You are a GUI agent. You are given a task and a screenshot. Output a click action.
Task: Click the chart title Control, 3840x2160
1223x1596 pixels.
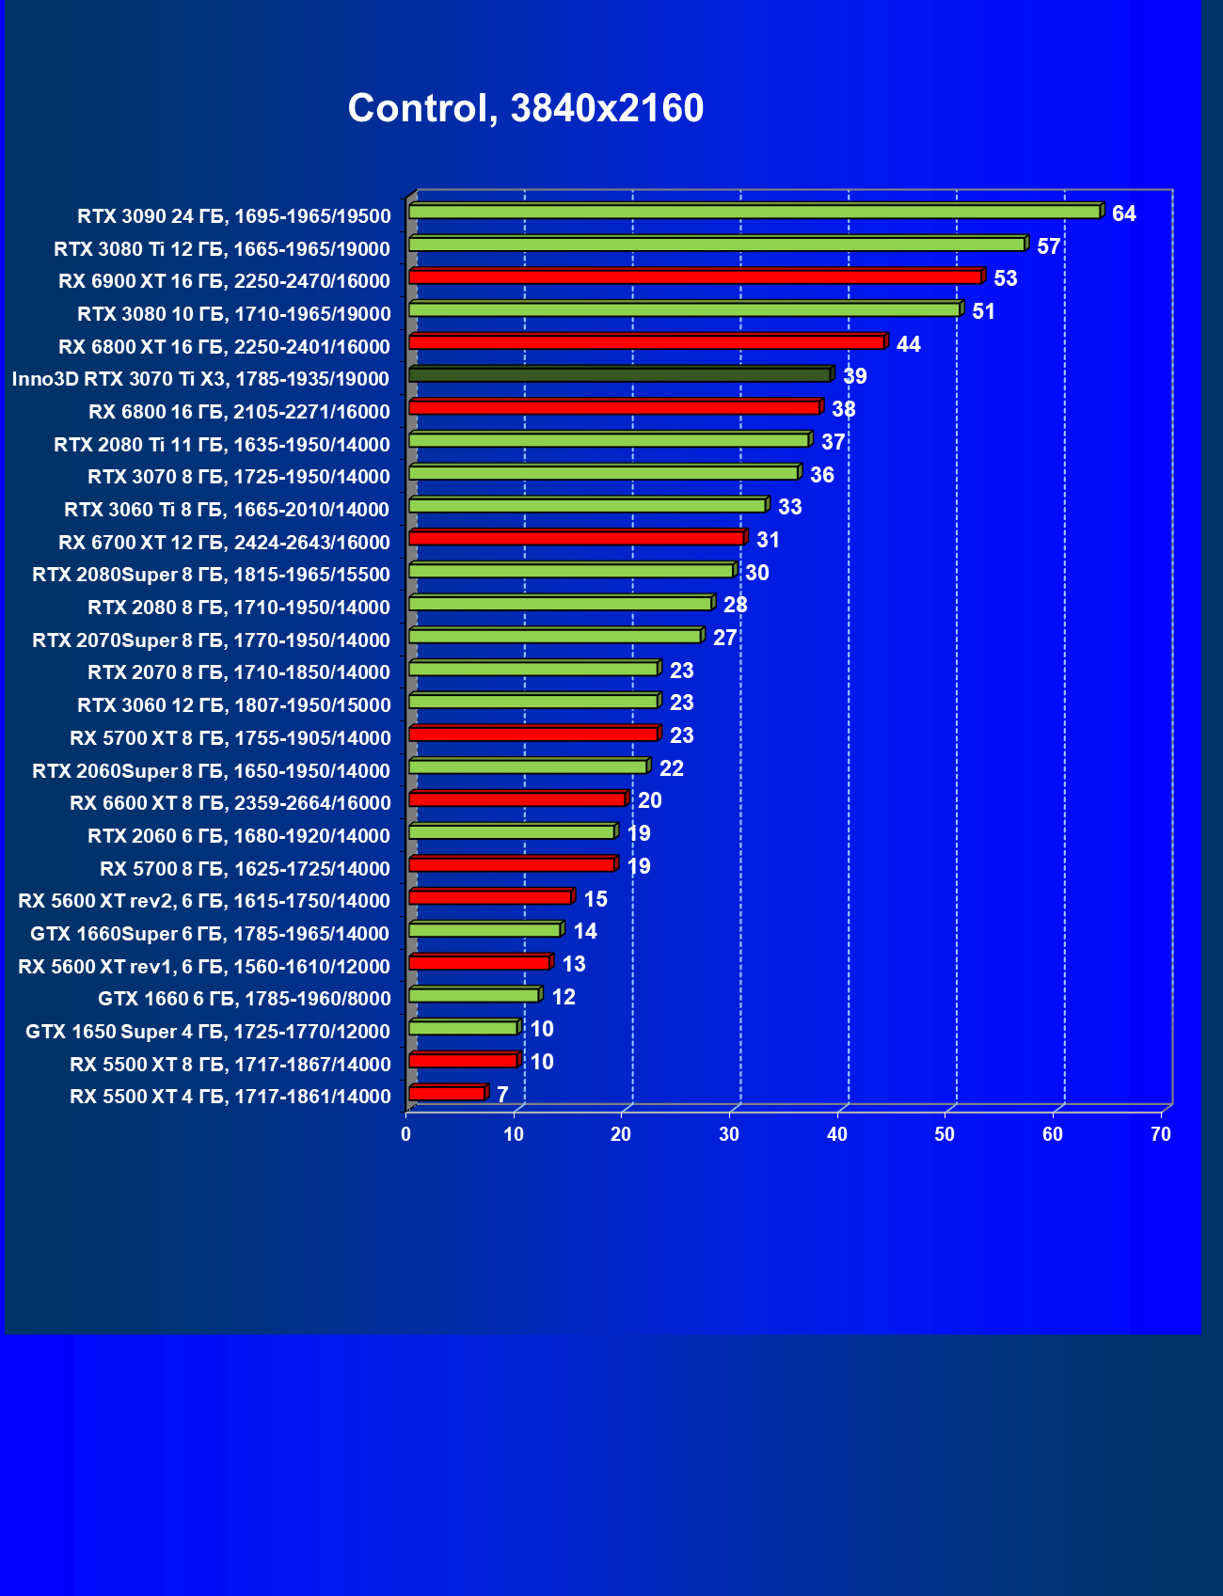coord(525,108)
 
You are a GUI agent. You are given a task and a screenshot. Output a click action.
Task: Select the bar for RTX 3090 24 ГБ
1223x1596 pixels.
coord(754,212)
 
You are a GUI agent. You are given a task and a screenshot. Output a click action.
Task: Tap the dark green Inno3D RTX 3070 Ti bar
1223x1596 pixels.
coord(620,375)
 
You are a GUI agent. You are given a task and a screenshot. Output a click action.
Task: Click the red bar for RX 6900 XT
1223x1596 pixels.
coord(695,277)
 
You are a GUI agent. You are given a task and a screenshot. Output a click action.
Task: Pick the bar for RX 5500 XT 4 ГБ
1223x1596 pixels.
coord(447,1093)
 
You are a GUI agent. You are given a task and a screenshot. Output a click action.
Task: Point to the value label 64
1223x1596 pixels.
coord(1123,213)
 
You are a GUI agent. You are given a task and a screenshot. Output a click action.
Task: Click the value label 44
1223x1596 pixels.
coord(908,344)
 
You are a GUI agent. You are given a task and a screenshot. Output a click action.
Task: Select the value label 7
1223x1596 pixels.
coord(502,1095)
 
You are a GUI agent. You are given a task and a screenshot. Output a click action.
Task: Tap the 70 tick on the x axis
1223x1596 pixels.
coord(1161,1134)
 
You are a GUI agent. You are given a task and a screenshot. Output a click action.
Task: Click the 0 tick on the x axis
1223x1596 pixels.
coord(406,1134)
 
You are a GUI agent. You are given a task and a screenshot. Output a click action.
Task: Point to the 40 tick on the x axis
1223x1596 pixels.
coord(837,1134)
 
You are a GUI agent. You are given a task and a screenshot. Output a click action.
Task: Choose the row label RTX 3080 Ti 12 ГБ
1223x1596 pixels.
coord(222,249)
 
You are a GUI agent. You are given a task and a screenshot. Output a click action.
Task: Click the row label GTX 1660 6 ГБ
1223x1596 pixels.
coord(245,999)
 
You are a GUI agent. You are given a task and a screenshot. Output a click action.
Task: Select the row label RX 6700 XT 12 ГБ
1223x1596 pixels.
coord(224,543)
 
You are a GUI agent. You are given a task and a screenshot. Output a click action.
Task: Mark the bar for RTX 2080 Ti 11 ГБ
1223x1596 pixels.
coord(609,440)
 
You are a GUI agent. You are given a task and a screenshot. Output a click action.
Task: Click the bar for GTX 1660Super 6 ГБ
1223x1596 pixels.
coord(484,930)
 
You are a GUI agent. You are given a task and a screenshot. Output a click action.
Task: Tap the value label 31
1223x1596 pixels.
coord(768,540)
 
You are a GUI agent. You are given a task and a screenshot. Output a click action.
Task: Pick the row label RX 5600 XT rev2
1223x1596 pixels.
coord(204,901)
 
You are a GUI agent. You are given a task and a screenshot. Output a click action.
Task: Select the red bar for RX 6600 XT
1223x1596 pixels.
coord(517,799)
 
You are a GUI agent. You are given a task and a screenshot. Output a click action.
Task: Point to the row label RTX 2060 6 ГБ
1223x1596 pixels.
coord(239,836)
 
